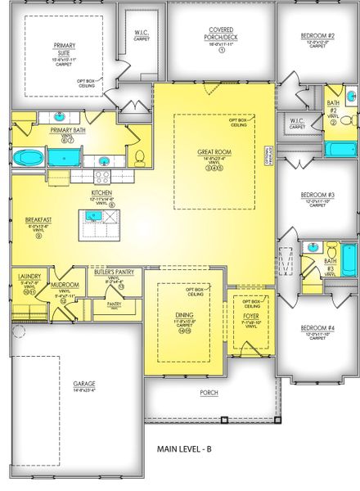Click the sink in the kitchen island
[94, 215]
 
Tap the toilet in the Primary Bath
[139, 156]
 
